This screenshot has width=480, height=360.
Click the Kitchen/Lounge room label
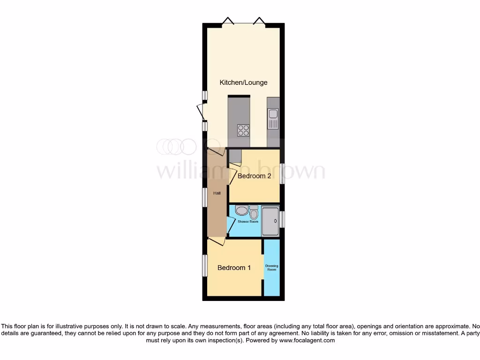click(243, 82)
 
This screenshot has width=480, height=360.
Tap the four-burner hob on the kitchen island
click(243, 129)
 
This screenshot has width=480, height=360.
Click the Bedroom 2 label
click(254, 176)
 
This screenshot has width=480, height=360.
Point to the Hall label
click(217, 193)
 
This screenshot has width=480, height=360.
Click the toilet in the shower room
click(254, 213)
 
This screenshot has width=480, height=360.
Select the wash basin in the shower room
click(241, 211)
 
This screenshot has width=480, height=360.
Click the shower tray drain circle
click(275, 221)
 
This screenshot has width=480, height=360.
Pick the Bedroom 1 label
click(234, 268)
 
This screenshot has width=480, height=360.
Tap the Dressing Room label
click(271, 268)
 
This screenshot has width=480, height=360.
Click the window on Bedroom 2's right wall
click(282, 173)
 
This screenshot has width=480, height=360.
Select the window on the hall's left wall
click(205, 197)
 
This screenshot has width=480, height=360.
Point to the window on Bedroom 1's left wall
click(205, 266)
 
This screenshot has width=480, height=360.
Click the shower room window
click(282, 219)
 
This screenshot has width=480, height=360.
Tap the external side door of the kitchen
click(200, 111)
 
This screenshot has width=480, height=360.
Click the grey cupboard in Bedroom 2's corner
click(235, 155)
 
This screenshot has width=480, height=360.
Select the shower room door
click(230, 225)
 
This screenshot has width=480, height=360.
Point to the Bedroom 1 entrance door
click(216, 241)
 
